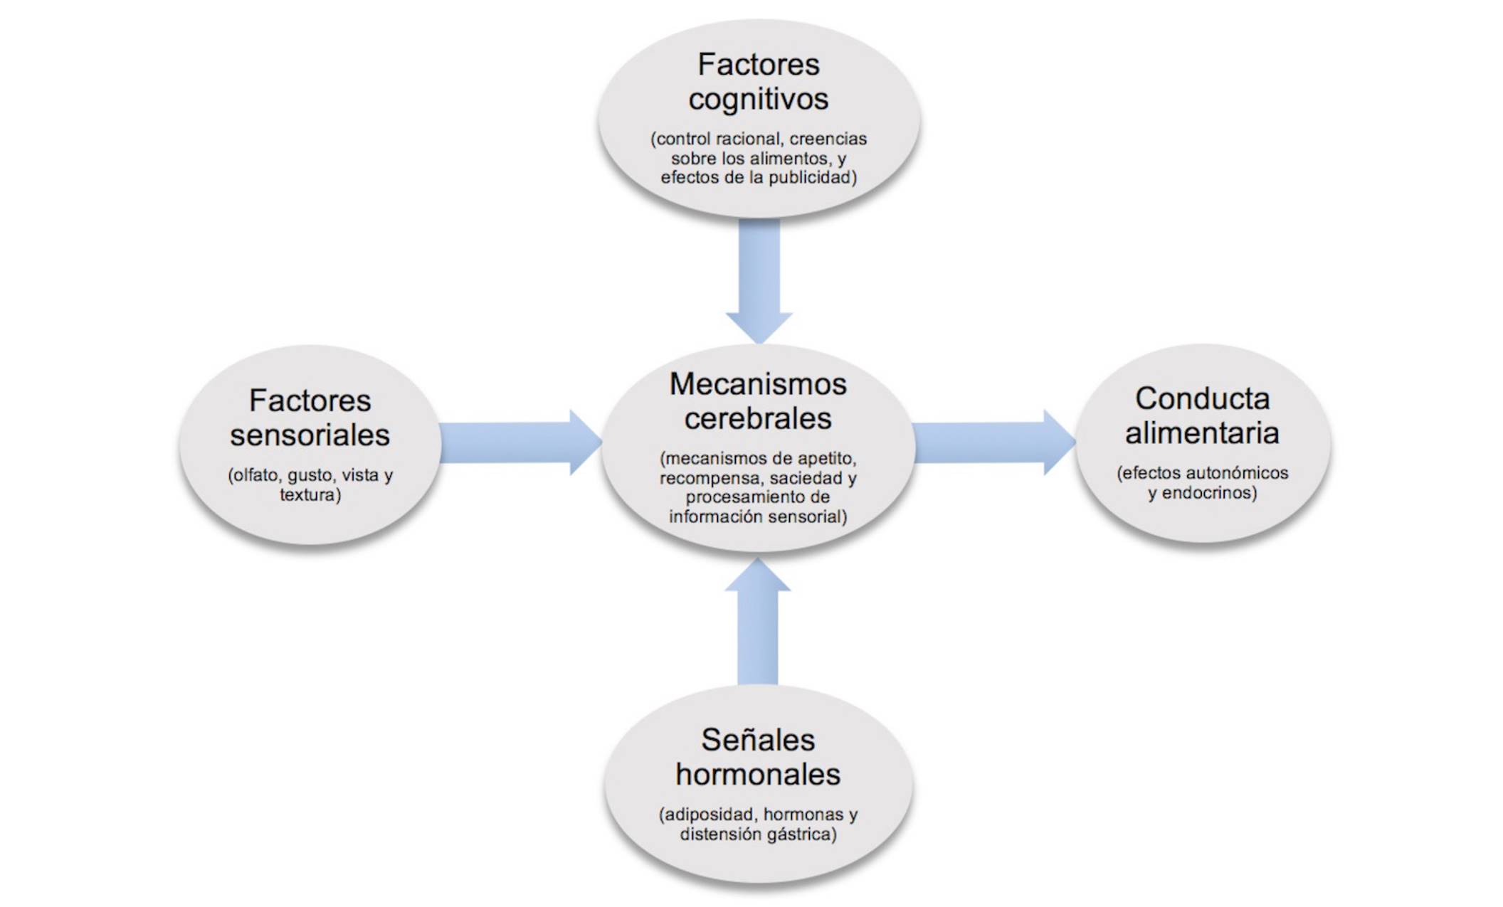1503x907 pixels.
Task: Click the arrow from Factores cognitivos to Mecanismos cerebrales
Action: pos(759,281)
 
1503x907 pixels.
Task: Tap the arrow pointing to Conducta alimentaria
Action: pos(994,442)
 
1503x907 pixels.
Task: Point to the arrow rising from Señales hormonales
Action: pos(758,621)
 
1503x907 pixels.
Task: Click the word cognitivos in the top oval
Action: pos(759,99)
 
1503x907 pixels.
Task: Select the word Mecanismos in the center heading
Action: pos(758,384)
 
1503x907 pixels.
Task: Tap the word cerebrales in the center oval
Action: pos(758,418)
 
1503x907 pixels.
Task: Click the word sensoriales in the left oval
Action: pos(310,435)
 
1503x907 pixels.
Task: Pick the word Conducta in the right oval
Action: pos(1203,398)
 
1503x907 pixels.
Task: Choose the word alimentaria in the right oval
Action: pos(1202,433)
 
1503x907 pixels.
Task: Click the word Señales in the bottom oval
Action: pos(758,740)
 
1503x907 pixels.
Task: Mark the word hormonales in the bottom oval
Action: pos(758,774)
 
